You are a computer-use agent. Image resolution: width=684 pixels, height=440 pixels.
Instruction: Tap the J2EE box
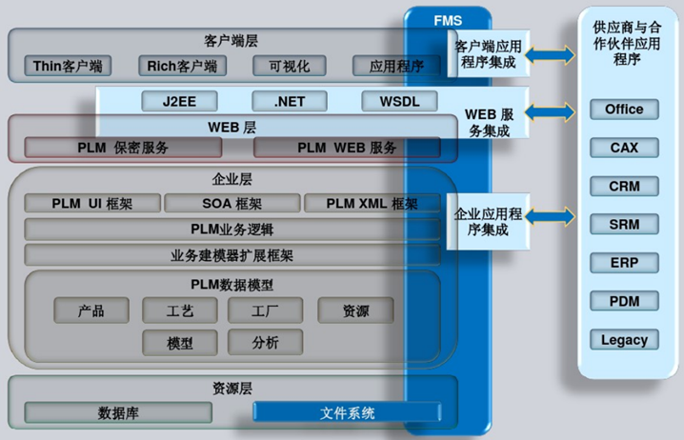pyautogui.click(x=179, y=101)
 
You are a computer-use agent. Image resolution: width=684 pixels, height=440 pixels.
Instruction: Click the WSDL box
pyautogui.click(x=399, y=101)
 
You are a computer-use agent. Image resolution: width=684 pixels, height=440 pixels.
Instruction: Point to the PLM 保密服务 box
pyautogui.click(x=123, y=148)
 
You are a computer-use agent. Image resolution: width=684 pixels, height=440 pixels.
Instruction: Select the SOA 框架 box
pyautogui.click(x=232, y=203)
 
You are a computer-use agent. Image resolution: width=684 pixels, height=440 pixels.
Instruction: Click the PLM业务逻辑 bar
pyautogui.click(x=231, y=229)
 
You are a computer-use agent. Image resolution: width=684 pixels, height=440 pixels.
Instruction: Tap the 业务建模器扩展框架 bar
pyautogui.click(x=231, y=255)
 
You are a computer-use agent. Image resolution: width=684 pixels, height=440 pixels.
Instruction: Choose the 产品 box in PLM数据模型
pyautogui.click(x=91, y=310)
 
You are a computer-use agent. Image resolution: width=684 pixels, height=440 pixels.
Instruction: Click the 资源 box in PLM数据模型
pyautogui.click(x=342, y=310)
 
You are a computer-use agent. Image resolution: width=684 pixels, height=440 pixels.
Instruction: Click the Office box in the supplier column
pyautogui.click(x=624, y=110)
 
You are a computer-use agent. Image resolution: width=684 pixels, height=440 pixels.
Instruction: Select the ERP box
pyautogui.click(x=624, y=263)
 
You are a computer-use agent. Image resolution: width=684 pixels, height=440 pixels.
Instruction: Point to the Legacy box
pyautogui.click(x=624, y=339)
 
